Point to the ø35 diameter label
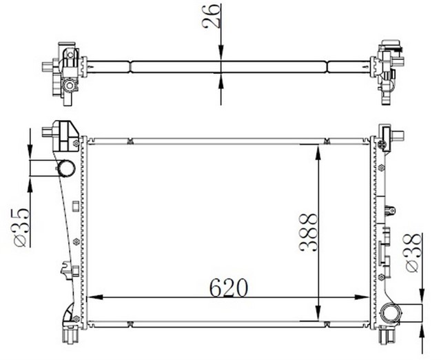(20, 225)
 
